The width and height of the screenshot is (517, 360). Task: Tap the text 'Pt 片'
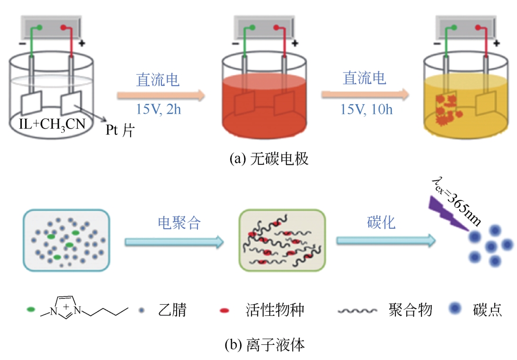coord(120,130)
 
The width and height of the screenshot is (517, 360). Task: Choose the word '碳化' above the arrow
coord(381,223)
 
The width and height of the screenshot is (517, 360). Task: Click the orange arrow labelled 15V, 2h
coord(161,96)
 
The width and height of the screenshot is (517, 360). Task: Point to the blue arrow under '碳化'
coord(386,241)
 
